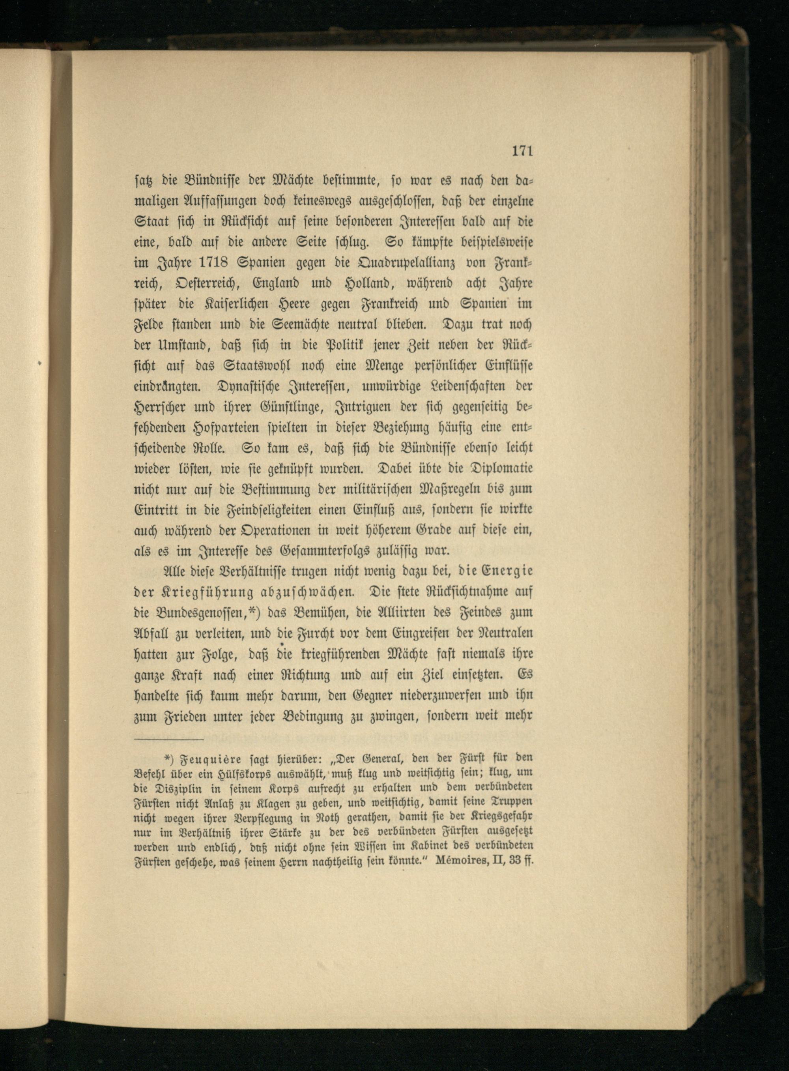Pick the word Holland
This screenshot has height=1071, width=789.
(364, 284)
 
